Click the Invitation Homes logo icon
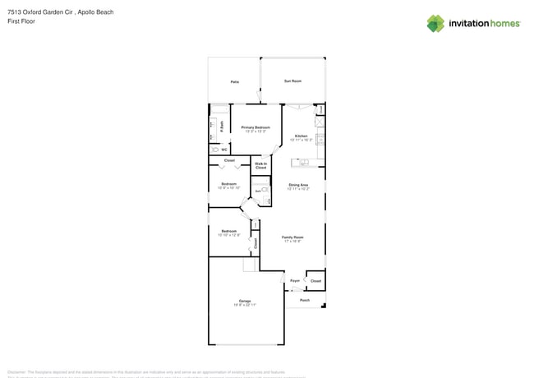[435, 23]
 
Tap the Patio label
[234, 82]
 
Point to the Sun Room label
[292, 81]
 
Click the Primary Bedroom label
[255, 127]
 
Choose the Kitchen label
[302, 136]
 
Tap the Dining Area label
[298, 185]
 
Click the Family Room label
[292, 237]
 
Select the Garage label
[245, 301]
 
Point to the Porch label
[305, 300]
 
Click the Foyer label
[295, 281]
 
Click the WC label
[223, 150]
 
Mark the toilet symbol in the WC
[214, 150]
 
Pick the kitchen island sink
[305, 161]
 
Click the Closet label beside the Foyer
[315, 281]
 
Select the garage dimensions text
[245, 305]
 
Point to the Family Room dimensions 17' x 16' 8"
[292, 241]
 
